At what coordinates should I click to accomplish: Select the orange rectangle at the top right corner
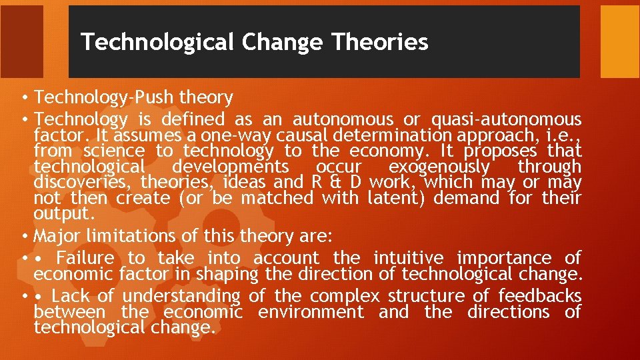click(x=619, y=41)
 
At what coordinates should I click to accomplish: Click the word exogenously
click(x=439, y=167)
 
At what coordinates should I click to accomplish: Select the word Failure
click(x=85, y=258)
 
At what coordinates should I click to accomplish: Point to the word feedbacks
click(x=539, y=296)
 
